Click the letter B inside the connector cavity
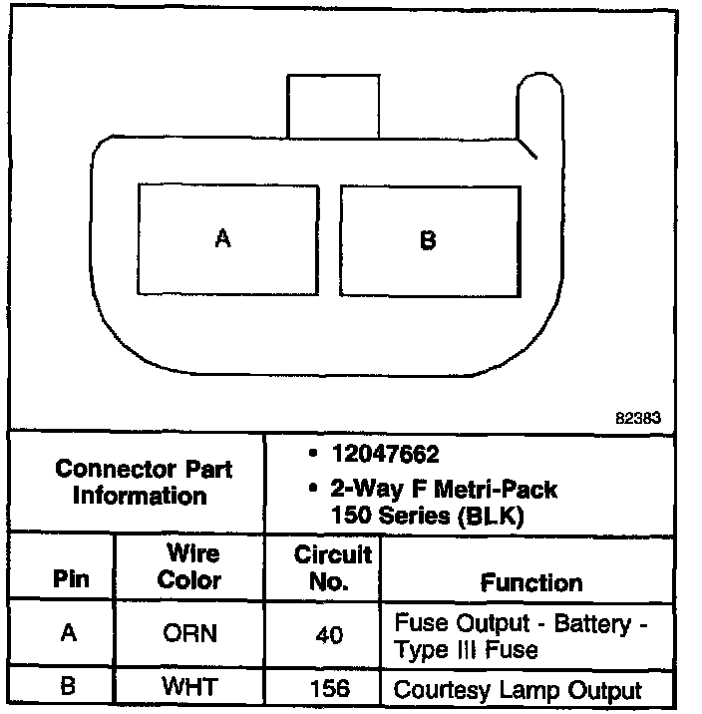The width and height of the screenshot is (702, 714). [x=428, y=240]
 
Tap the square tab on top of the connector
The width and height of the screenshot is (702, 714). [x=333, y=105]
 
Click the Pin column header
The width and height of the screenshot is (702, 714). [x=70, y=579]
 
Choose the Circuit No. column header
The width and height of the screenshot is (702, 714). [x=333, y=566]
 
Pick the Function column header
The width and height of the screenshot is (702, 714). [x=531, y=581]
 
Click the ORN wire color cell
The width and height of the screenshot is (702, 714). [x=188, y=634]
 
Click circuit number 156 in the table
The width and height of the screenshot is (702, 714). [x=333, y=689]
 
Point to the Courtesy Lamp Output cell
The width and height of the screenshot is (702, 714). [x=519, y=689]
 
